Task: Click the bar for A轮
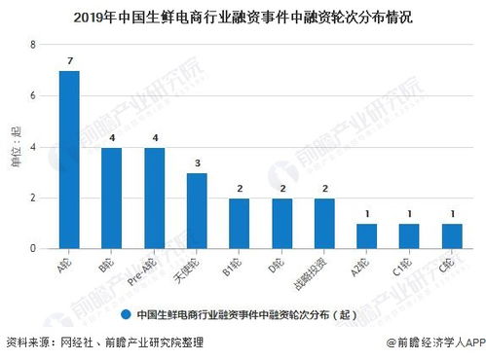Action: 69,160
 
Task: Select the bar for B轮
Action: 112,198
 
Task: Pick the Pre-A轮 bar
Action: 154,198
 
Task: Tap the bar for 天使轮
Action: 197,211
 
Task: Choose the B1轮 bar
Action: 240,224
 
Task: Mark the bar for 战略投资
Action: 324,224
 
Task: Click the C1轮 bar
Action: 409,236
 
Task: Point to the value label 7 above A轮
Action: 69,61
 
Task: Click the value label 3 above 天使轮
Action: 197,163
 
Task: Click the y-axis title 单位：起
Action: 14,147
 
